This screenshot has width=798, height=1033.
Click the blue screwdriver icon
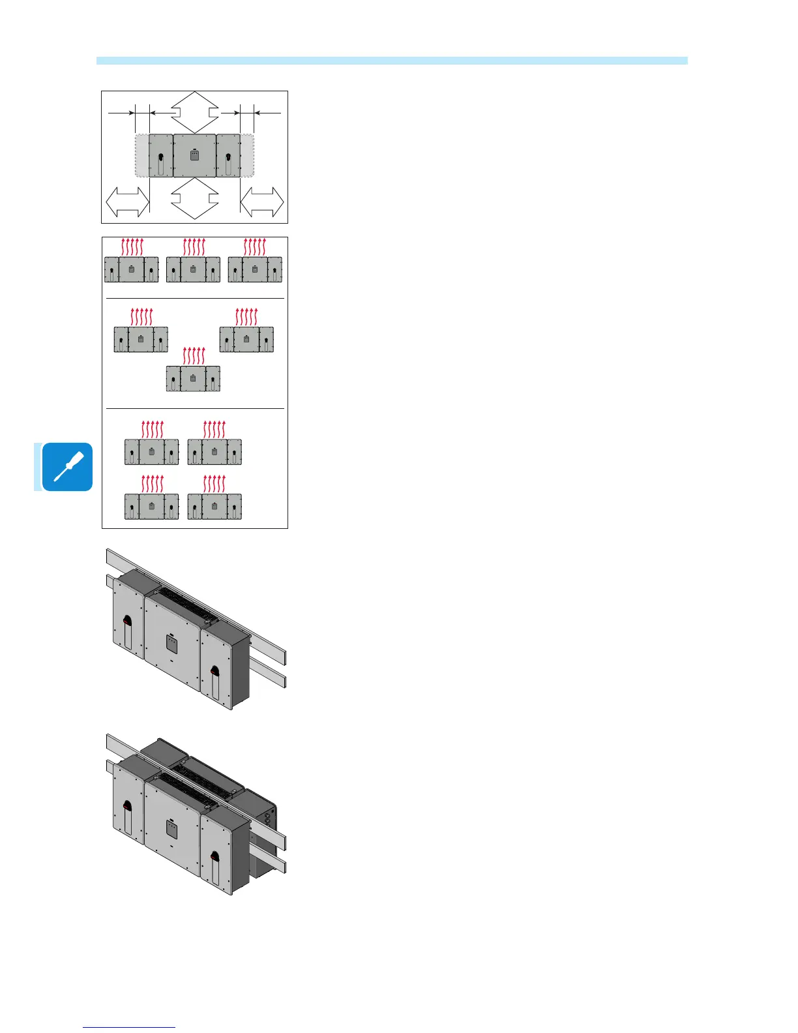click(67, 467)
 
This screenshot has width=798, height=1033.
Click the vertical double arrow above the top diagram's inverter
click(194, 112)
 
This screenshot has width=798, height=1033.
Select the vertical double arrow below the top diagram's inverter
click(194, 198)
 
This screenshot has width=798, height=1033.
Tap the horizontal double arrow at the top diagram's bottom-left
click(127, 202)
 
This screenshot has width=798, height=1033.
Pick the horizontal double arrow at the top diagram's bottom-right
click(262, 202)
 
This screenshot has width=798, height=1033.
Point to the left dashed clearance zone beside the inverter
click(141, 155)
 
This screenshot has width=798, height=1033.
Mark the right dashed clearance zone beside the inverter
click(247, 155)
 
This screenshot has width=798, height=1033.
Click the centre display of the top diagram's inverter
click(194, 156)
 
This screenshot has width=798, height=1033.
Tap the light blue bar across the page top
click(392, 61)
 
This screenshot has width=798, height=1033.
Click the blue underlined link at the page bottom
click(129, 1027)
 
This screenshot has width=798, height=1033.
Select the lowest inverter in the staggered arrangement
click(193, 378)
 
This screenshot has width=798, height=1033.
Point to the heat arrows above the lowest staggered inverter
click(194, 355)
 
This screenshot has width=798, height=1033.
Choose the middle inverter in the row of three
click(193, 269)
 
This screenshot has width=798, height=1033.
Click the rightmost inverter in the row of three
click(255, 269)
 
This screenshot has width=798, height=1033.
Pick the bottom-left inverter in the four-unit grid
click(151, 506)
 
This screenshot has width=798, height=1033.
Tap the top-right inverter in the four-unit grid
click(214, 451)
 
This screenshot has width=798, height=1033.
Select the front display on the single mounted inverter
click(171, 644)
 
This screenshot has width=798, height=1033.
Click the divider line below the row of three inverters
click(195, 298)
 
